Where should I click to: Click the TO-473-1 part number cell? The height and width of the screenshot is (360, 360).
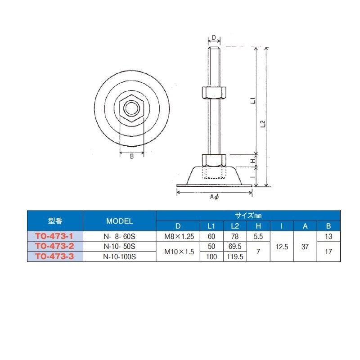pyautogui.click(x=55, y=236)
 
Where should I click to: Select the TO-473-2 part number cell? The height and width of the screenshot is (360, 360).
pyautogui.click(x=55, y=246)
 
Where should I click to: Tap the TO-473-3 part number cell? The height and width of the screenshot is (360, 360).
pyautogui.click(x=55, y=256)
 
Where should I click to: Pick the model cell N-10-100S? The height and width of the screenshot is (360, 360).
pyautogui.click(x=119, y=257)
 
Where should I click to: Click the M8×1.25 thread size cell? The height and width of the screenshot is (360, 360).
pyautogui.click(x=179, y=236)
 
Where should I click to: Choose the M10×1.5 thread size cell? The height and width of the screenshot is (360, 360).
pyautogui.click(x=179, y=252)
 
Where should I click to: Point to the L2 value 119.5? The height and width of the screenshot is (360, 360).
pyautogui.click(x=234, y=257)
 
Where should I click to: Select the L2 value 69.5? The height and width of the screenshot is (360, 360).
pyautogui.click(x=234, y=246)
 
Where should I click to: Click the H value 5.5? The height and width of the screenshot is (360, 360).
pyautogui.click(x=258, y=236)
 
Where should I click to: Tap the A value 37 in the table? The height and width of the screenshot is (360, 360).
pyautogui.click(x=305, y=246)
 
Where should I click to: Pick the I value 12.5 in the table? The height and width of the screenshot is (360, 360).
pyautogui.click(x=282, y=246)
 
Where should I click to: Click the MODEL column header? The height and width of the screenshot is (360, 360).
pyautogui.click(x=119, y=221)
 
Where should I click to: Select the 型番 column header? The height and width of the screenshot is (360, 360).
pyautogui.click(x=55, y=221)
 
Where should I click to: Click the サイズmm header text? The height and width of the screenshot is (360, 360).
pyautogui.click(x=248, y=216)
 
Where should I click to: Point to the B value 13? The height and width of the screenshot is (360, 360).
pyautogui.click(x=328, y=236)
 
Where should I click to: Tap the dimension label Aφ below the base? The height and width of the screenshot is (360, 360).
pyautogui.click(x=214, y=197)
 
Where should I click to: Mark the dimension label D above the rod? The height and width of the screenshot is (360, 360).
pyautogui.click(x=214, y=37)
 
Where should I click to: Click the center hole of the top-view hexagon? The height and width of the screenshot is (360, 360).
pyautogui.click(x=131, y=108)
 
